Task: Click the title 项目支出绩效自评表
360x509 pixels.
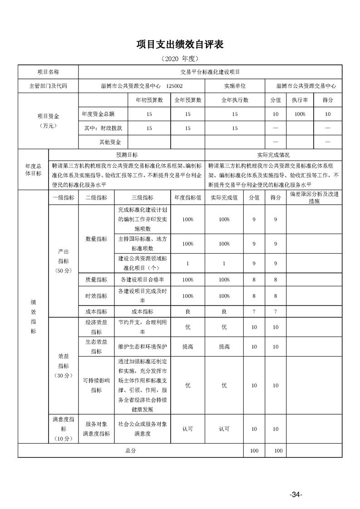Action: (180, 44)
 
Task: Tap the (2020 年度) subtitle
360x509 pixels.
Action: (180, 59)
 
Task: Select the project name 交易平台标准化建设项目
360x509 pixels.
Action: (210, 72)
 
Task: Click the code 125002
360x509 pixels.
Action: (175, 85)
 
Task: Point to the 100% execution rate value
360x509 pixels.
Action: (300, 114)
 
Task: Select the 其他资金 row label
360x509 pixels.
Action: (110, 142)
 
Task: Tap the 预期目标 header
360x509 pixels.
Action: (127, 155)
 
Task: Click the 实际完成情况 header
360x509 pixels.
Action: (273, 155)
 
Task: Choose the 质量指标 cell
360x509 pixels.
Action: (96, 280)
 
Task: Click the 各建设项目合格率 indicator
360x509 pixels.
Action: (143, 280)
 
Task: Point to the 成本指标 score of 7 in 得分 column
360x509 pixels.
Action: (276, 312)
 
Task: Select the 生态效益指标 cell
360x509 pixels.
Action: (96, 347)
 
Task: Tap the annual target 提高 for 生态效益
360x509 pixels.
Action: (187, 347)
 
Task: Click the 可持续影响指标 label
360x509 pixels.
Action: (96, 386)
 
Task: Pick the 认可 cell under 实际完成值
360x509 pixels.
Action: (224, 429)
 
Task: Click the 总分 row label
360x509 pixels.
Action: (130, 451)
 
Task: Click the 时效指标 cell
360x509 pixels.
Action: (96, 296)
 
